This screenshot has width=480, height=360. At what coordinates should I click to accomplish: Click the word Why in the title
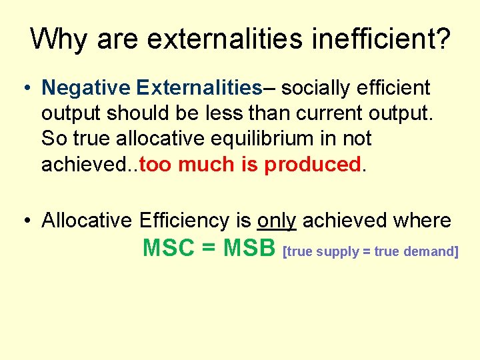[x=59, y=39]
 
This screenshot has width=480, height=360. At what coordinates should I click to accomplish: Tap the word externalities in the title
[x=215, y=39]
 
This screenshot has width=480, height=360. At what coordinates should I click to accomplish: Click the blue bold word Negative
[x=85, y=87]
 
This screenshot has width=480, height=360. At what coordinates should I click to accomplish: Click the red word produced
[x=313, y=165]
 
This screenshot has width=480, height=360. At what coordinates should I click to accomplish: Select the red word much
[x=207, y=165]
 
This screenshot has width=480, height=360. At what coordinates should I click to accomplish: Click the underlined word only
[x=276, y=220]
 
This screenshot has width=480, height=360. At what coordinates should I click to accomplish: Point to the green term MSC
[x=168, y=248]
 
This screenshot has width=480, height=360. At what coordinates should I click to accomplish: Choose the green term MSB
[x=249, y=248]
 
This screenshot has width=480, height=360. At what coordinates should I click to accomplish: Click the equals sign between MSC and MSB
[x=209, y=249]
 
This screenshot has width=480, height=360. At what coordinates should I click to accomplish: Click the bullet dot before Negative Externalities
[x=25, y=88]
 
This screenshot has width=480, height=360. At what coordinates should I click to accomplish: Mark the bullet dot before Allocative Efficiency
[x=25, y=221]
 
